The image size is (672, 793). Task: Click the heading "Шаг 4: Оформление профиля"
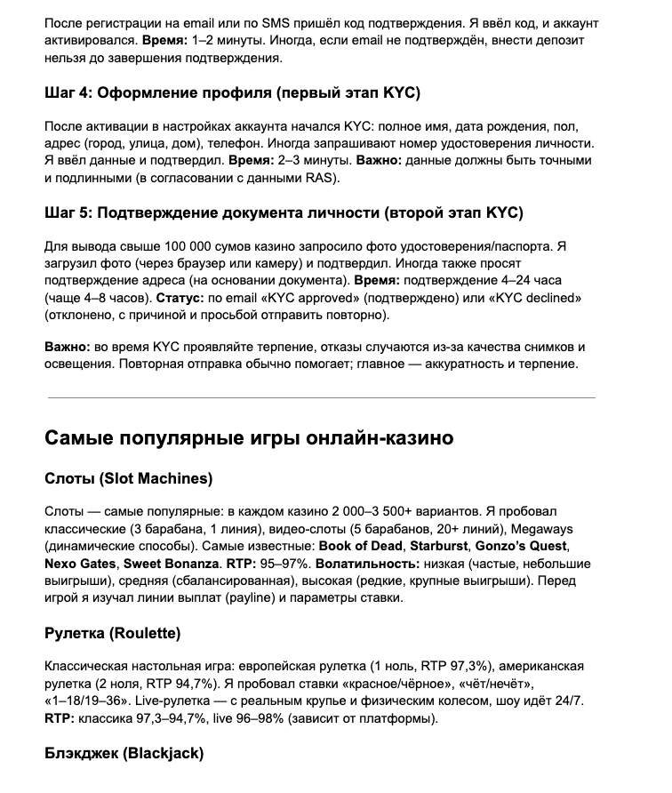(x=231, y=93)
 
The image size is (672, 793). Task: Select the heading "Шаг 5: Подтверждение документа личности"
(x=284, y=213)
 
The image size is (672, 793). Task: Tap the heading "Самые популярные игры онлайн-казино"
(x=250, y=438)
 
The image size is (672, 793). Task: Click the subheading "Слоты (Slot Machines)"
(x=129, y=479)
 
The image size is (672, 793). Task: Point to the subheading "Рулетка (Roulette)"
(x=113, y=634)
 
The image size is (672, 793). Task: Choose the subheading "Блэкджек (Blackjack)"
(x=124, y=754)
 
